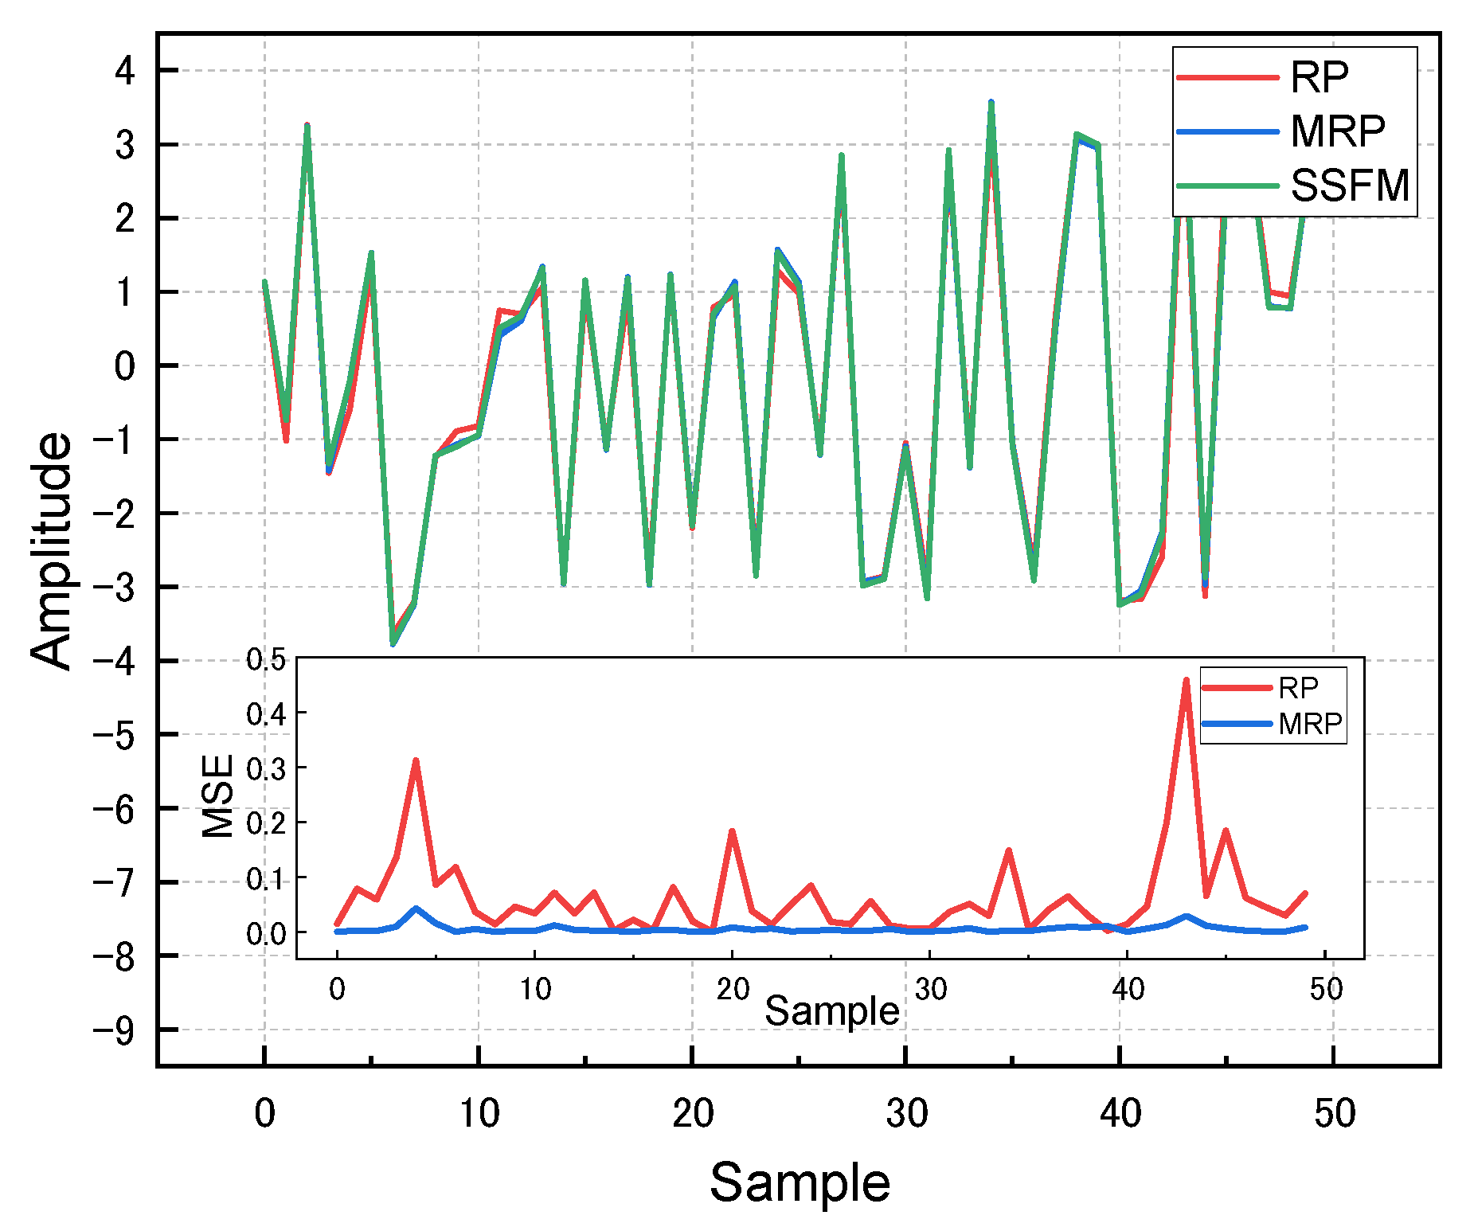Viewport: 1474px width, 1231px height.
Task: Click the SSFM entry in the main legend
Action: [1349, 186]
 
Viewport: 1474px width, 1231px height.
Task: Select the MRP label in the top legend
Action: [1337, 131]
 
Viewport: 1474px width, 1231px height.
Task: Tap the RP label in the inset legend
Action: [1298, 687]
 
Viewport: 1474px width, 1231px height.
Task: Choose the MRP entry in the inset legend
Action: [1310, 724]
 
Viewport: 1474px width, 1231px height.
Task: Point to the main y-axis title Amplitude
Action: [52, 551]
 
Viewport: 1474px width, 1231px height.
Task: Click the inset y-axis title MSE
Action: [217, 796]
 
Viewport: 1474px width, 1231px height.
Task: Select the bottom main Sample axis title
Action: [800, 1182]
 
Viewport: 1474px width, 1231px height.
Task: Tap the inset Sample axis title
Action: [831, 1011]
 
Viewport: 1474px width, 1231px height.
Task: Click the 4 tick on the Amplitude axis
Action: [125, 72]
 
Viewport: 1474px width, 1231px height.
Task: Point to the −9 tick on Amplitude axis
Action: [115, 1030]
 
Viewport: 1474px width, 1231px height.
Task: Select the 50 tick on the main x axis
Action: [1334, 1113]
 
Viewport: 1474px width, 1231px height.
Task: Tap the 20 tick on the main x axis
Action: [692, 1113]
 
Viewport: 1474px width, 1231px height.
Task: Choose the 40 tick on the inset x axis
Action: [1128, 990]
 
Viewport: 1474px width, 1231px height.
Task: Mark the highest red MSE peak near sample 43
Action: [1186, 681]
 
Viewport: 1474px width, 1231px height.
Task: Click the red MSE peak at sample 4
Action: [416, 761]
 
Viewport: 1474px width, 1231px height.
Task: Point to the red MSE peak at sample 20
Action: [731, 832]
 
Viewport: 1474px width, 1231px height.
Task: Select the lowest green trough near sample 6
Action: [393, 643]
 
